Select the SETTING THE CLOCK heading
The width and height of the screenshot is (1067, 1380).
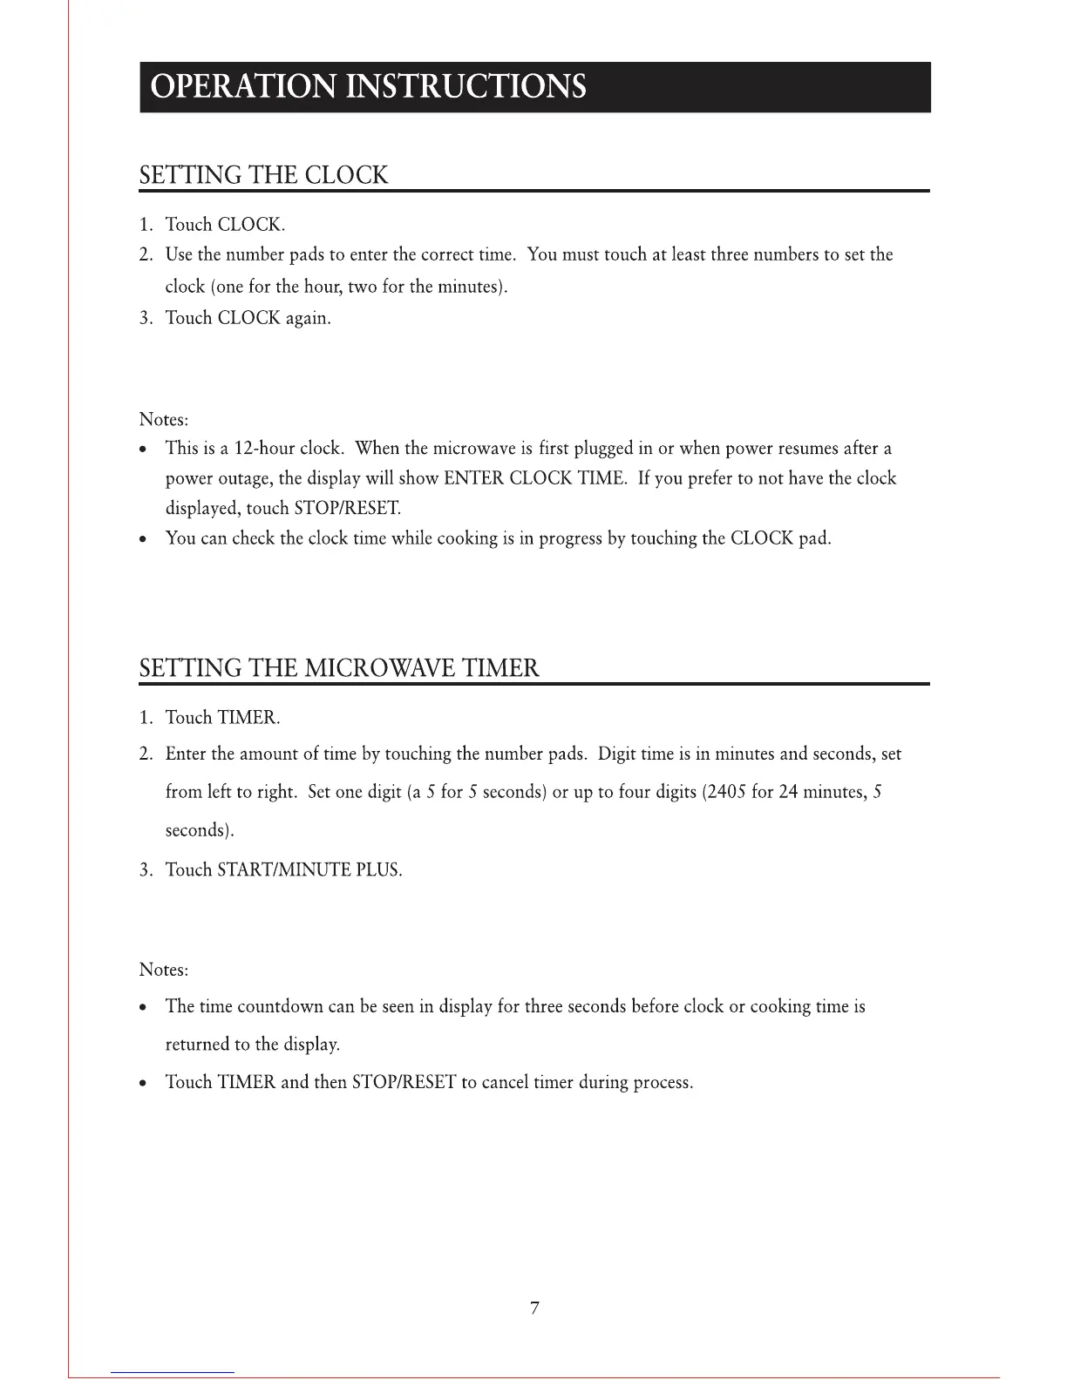click(x=263, y=175)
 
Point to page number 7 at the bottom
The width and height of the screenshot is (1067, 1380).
click(x=534, y=1308)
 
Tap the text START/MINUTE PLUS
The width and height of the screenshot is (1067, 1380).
click(x=309, y=869)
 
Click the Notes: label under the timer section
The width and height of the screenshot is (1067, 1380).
click(x=164, y=970)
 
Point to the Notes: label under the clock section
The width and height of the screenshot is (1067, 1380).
click(x=164, y=419)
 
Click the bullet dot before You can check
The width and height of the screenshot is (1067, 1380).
click(x=144, y=539)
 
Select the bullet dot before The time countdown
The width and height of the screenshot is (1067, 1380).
click(x=144, y=1007)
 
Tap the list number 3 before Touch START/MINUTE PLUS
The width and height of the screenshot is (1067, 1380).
click(x=145, y=869)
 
